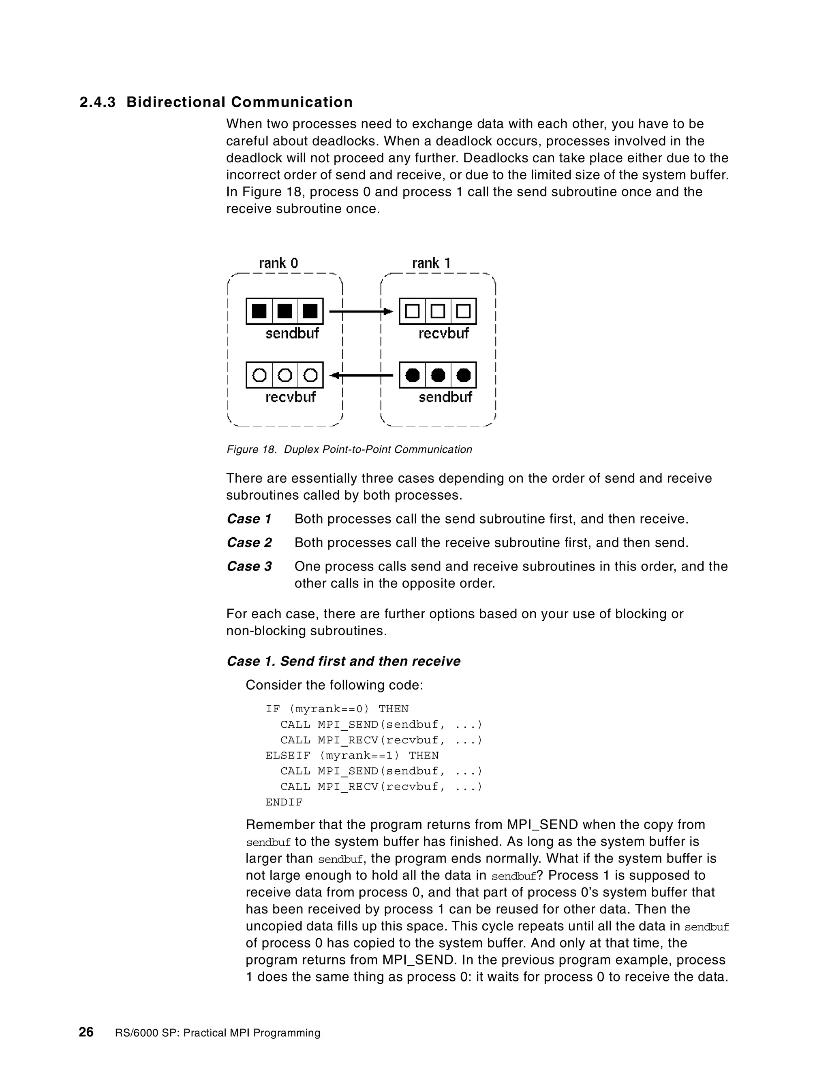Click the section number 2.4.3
97,102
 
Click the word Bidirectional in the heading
175,102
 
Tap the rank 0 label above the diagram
278,263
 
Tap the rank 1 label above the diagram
431,263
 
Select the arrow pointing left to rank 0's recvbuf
362,376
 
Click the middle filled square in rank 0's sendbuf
285,311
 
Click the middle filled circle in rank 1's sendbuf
438,375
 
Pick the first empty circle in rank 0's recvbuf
259,375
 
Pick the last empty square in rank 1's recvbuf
463,311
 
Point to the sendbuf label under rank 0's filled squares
292,334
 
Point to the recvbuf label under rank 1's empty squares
443,334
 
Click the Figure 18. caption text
349,449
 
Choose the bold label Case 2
249,543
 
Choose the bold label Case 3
249,566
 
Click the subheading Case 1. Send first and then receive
343,661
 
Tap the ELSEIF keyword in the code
288,755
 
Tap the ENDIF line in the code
284,802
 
